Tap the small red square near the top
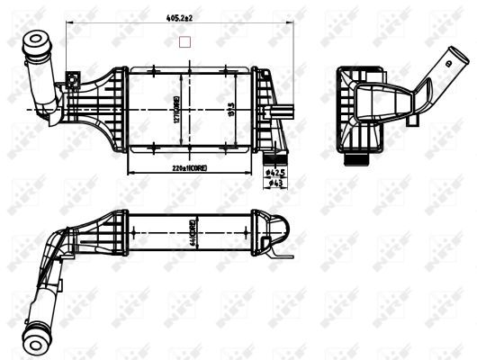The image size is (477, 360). [186, 40]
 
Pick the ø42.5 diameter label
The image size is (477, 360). [275, 171]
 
